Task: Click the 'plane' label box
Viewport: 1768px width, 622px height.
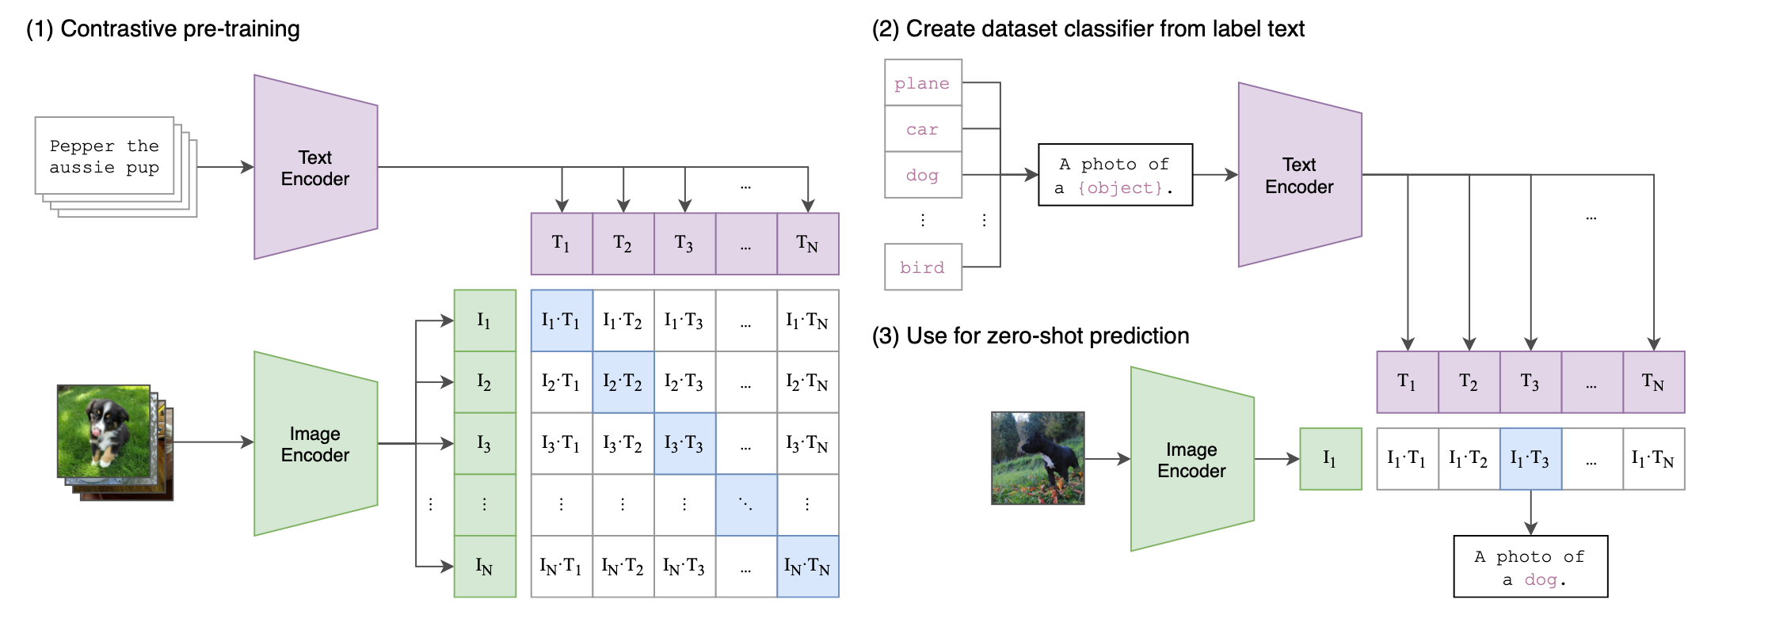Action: (923, 82)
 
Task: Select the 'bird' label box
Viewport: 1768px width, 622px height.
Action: (923, 267)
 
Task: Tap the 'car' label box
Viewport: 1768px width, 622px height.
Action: (923, 129)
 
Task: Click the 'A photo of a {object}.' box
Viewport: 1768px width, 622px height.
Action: (1115, 175)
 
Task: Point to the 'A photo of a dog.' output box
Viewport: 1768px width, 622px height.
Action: (1530, 567)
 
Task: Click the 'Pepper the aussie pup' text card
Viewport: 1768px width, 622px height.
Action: (105, 156)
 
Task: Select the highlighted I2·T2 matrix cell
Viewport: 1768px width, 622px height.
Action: (623, 382)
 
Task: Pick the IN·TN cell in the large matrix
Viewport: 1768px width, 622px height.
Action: (807, 567)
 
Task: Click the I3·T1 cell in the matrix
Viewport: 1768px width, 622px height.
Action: (561, 444)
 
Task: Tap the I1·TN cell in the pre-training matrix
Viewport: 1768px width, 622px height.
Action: (807, 320)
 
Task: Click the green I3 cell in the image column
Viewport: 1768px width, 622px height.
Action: (485, 444)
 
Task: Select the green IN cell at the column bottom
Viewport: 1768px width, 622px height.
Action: (485, 567)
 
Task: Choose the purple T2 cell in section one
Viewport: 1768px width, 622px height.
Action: (623, 244)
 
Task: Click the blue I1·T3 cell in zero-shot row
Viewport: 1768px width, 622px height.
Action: (1530, 459)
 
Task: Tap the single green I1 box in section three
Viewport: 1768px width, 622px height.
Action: (1330, 459)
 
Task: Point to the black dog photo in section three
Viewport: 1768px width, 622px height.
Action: (1038, 458)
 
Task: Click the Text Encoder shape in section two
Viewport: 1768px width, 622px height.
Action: (1299, 175)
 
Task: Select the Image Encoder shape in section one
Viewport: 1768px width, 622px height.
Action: (315, 444)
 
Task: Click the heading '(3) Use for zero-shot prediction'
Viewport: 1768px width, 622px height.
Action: (1030, 336)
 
